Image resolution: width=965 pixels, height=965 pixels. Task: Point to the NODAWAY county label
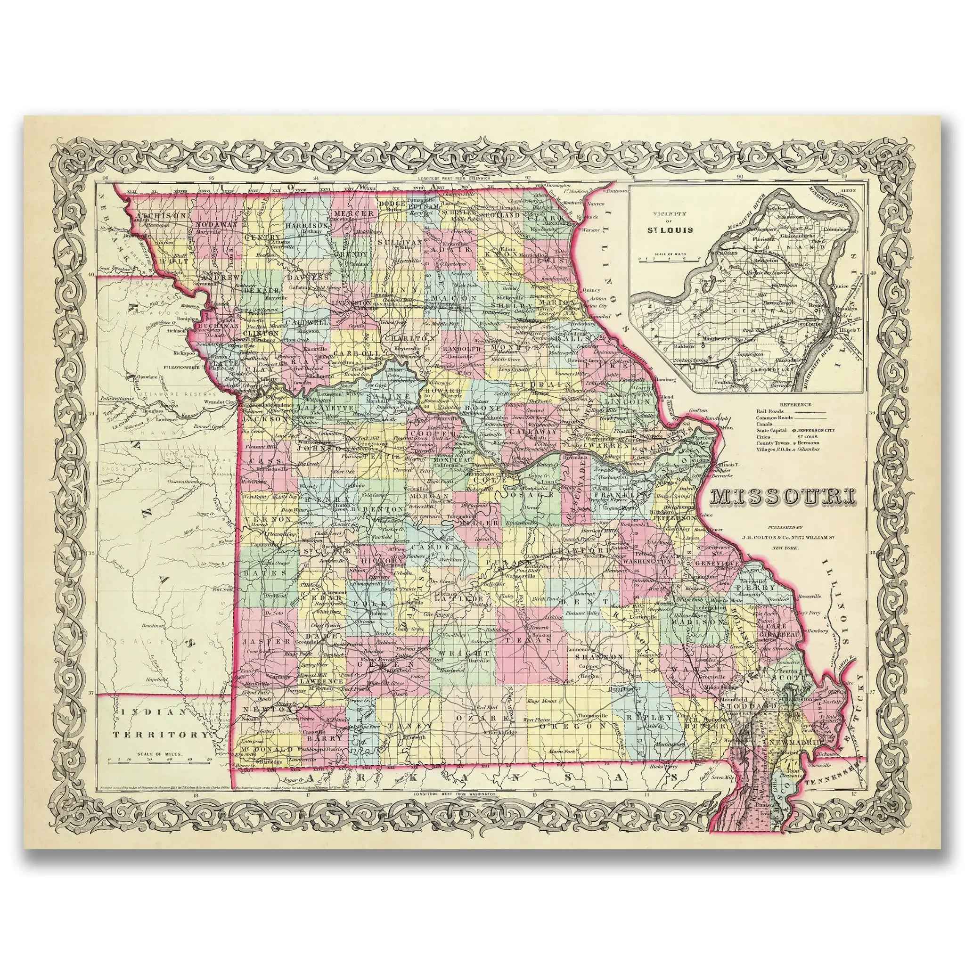(215, 225)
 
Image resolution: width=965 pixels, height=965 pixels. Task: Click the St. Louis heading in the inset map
(671, 230)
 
